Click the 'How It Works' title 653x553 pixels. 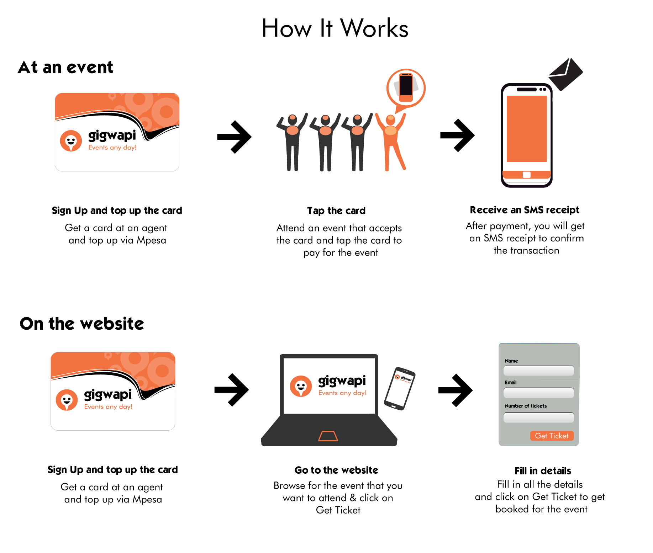[x=335, y=28]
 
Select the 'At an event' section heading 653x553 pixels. [x=65, y=67]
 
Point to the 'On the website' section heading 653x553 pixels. [x=82, y=324]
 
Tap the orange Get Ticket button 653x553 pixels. [x=552, y=436]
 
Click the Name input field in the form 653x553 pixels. [x=539, y=371]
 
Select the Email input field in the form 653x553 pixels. [x=539, y=393]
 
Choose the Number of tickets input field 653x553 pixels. [x=539, y=418]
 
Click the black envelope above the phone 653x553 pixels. [x=565, y=74]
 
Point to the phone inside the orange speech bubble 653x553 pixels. [x=406, y=85]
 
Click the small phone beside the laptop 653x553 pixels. [x=400, y=388]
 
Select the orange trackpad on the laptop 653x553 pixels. [x=328, y=436]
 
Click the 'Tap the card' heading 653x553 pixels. [x=336, y=211]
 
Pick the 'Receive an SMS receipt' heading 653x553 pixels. [x=525, y=210]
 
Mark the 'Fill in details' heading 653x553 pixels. [x=543, y=471]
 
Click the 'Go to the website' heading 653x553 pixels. [x=336, y=470]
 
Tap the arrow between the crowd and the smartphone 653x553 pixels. [x=457, y=135]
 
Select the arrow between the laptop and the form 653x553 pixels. [x=455, y=390]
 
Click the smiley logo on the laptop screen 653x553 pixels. [x=301, y=386]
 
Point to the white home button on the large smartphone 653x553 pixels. [x=527, y=175]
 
